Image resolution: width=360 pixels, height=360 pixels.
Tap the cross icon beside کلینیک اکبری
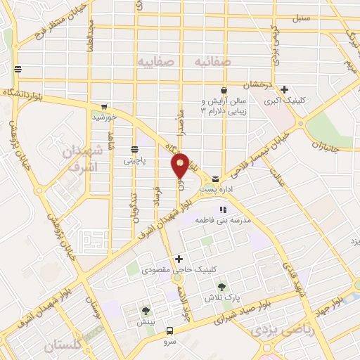284,89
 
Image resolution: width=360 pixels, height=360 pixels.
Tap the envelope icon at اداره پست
215,179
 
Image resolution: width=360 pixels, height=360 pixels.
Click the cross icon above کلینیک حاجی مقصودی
179,259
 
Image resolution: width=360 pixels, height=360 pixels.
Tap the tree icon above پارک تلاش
222,286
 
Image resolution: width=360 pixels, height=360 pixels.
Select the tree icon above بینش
146,310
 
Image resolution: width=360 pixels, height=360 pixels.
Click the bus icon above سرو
169,330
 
